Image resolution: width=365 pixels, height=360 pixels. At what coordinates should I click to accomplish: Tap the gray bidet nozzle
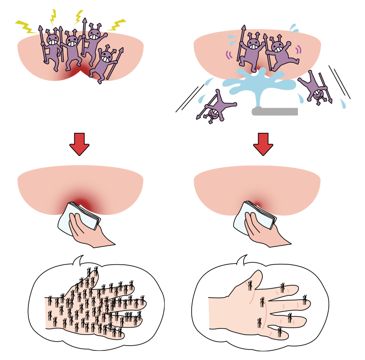click(x=275, y=111)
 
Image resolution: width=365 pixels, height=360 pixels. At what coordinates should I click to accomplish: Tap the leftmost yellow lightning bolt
click(x=26, y=27)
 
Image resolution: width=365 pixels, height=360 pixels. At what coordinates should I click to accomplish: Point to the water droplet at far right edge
click(x=343, y=104)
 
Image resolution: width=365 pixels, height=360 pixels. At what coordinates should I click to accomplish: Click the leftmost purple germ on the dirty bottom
click(x=52, y=46)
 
